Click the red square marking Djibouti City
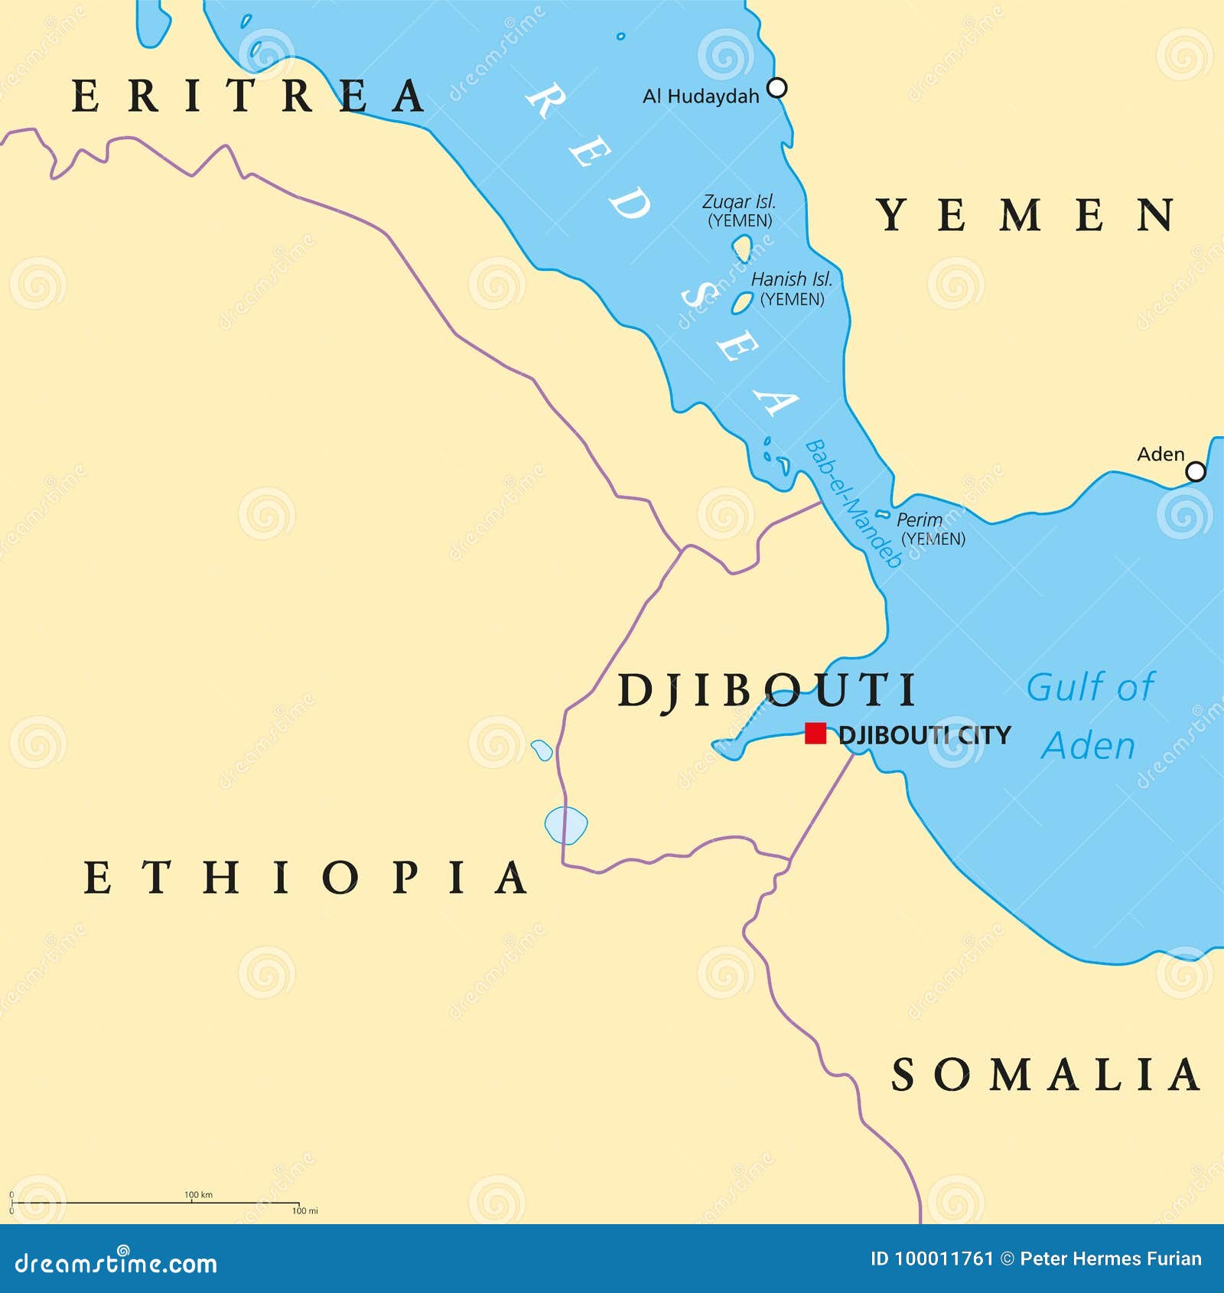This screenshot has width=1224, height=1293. point(815,734)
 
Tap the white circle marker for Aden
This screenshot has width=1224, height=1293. point(1195,472)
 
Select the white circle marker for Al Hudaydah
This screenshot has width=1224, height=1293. point(776,88)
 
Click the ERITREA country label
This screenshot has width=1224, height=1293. point(248,96)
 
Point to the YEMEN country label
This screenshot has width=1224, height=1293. point(1026,214)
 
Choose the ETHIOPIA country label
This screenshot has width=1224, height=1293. point(305,877)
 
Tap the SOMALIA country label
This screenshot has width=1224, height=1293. point(1046,1075)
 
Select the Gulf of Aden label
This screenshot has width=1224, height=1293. point(1089,716)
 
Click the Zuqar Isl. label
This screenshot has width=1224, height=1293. point(739,202)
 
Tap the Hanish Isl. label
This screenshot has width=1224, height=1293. point(791,280)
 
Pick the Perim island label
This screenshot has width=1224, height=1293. point(919,519)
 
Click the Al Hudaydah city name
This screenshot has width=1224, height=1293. point(701,96)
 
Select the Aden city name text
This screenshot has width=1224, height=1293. point(1160,454)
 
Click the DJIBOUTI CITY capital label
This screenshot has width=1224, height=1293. point(924,735)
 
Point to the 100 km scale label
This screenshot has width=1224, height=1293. point(198,1194)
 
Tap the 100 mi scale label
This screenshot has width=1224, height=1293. point(304,1210)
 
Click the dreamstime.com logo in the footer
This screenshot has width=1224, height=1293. point(116,1263)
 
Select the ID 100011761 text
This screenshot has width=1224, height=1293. point(931,1259)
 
